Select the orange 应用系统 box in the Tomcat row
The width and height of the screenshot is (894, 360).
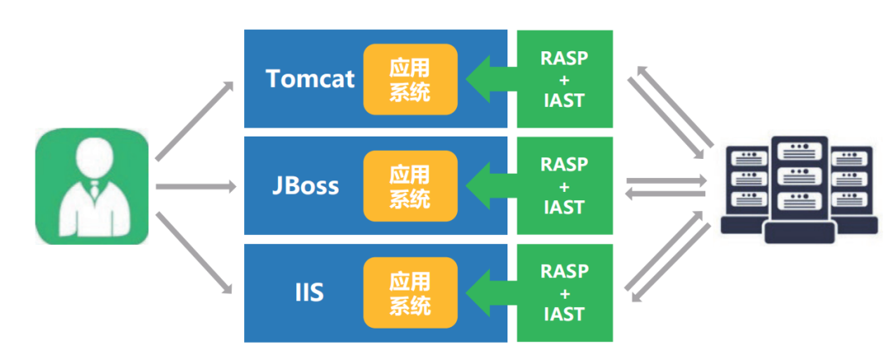pos(410,79)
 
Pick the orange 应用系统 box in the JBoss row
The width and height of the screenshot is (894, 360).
pos(410,186)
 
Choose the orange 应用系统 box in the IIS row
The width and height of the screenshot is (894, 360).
pos(410,293)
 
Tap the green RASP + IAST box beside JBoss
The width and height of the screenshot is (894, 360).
pos(565,185)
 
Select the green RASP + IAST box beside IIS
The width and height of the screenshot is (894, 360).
pos(565,292)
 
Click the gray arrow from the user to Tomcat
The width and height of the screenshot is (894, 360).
pos(194,120)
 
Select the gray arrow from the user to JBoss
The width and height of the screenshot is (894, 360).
pos(195,187)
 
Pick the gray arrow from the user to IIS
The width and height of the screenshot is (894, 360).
pos(194,253)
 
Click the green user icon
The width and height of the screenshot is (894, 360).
pos(92,186)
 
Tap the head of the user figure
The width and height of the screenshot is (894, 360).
pos(92,158)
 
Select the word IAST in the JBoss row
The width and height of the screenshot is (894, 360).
pos(565,207)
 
